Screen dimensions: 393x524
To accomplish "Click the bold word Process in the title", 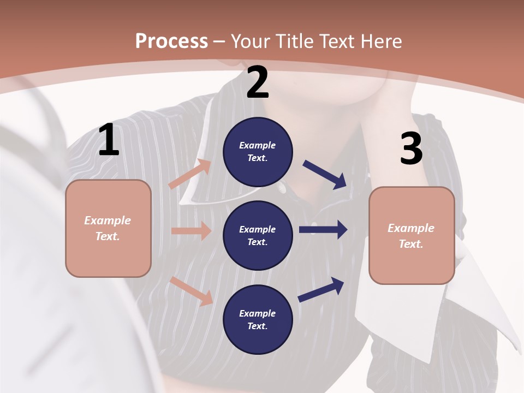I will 171,41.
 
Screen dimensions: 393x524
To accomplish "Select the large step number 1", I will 109,140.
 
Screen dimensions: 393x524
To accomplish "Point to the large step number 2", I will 258,82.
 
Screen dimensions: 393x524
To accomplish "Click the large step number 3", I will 411,149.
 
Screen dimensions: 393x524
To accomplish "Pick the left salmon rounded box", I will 108,228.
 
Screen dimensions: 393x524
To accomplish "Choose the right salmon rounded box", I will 412,235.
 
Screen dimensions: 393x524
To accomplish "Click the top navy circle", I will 258,152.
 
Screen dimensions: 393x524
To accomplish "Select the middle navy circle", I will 258,235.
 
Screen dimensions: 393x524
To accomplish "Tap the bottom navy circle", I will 258,319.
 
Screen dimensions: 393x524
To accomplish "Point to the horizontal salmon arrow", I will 191,230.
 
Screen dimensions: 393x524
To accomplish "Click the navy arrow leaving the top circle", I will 325,174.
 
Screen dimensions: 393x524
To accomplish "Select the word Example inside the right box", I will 411,228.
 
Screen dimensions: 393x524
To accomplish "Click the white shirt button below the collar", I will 282,188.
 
